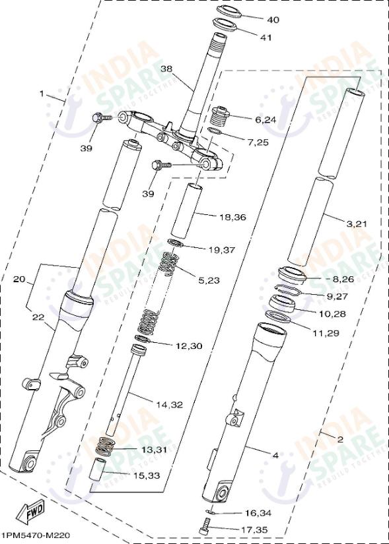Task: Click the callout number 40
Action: (x=272, y=20)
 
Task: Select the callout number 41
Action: (x=265, y=38)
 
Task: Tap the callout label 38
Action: (x=166, y=69)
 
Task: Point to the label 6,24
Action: (x=265, y=119)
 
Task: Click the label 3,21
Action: (x=356, y=224)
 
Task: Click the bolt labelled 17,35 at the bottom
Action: (x=205, y=527)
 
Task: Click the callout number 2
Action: (x=339, y=438)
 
